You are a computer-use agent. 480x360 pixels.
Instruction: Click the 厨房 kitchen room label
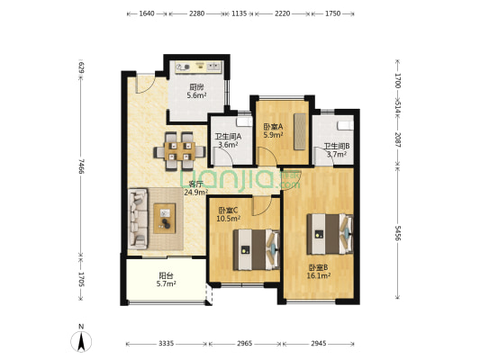[x=196, y=87]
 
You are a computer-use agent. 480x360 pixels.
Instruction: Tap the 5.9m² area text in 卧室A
[x=273, y=135]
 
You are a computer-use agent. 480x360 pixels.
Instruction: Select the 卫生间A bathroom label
[x=228, y=137]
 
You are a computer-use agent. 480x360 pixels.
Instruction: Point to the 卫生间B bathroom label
[x=337, y=146]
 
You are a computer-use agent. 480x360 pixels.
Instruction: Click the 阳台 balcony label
[x=166, y=276]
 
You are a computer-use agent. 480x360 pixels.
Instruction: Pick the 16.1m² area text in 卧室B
[x=319, y=276]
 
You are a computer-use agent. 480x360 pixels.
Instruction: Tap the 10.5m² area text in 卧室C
[x=228, y=219]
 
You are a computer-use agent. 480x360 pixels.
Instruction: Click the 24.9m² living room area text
[x=196, y=192]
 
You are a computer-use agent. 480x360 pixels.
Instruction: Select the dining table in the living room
[x=180, y=151]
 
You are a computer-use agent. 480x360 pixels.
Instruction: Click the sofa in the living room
[x=138, y=219]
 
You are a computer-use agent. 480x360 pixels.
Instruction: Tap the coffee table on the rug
[x=165, y=219]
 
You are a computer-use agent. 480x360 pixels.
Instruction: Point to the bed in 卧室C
[x=257, y=249]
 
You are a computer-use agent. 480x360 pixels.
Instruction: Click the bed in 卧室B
[x=330, y=234]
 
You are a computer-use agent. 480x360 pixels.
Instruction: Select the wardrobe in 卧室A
[x=300, y=131]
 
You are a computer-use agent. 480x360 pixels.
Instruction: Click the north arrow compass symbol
[x=81, y=340]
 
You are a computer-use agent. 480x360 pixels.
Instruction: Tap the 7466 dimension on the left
[x=81, y=166]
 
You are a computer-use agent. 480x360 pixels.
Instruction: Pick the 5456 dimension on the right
[x=397, y=233]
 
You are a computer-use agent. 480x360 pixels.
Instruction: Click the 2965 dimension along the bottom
[x=245, y=344]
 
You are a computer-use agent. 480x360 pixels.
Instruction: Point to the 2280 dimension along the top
[x=196, y=13]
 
